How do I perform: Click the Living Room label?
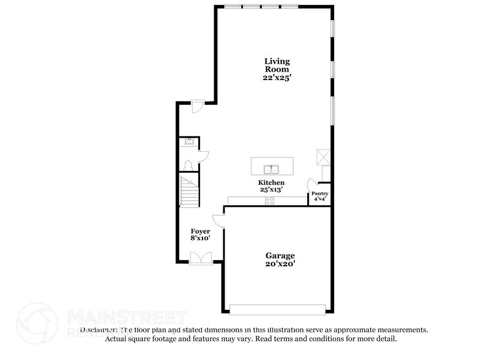(x=277, y=66)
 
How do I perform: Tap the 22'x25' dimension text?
(x=277, y=78)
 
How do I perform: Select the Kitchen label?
(x=270, y=183)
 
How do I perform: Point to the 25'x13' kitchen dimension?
(x=270, y=190)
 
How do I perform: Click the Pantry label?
(x=319, y=193)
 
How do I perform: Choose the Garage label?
(x=280, y=255)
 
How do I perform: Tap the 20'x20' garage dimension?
(x=280, y=264)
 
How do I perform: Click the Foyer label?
(x=200, y=231)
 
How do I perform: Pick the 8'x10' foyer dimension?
(x=200, y=239)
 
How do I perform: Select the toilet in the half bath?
(x=189, y=165)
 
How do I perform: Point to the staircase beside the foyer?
(x=189, y=190)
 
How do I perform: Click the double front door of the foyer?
(x=201, y=258)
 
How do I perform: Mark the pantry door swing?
(x=312, y=182)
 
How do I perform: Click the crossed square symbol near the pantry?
(x=323, y=157)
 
